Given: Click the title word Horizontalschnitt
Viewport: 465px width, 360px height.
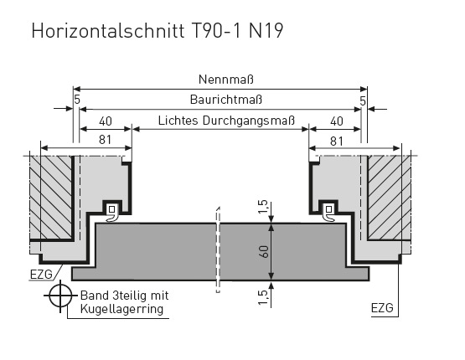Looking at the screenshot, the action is point(108,30).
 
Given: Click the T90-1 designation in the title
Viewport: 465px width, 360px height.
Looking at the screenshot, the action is point(216,30).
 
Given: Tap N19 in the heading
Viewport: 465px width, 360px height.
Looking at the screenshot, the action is point(266,30).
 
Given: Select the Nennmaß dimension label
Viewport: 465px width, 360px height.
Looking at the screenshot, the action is point(226,80).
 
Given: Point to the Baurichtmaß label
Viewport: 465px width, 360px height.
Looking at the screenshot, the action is point(226,100).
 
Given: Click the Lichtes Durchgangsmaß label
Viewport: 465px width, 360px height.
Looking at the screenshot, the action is point(226,121).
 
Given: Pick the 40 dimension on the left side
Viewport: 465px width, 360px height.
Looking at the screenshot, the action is point(106,121).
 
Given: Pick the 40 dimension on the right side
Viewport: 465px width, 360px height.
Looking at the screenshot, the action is point(336,121).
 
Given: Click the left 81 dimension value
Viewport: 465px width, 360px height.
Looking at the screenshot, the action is point(105,140).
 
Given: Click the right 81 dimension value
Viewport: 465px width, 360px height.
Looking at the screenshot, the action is point(336,141).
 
